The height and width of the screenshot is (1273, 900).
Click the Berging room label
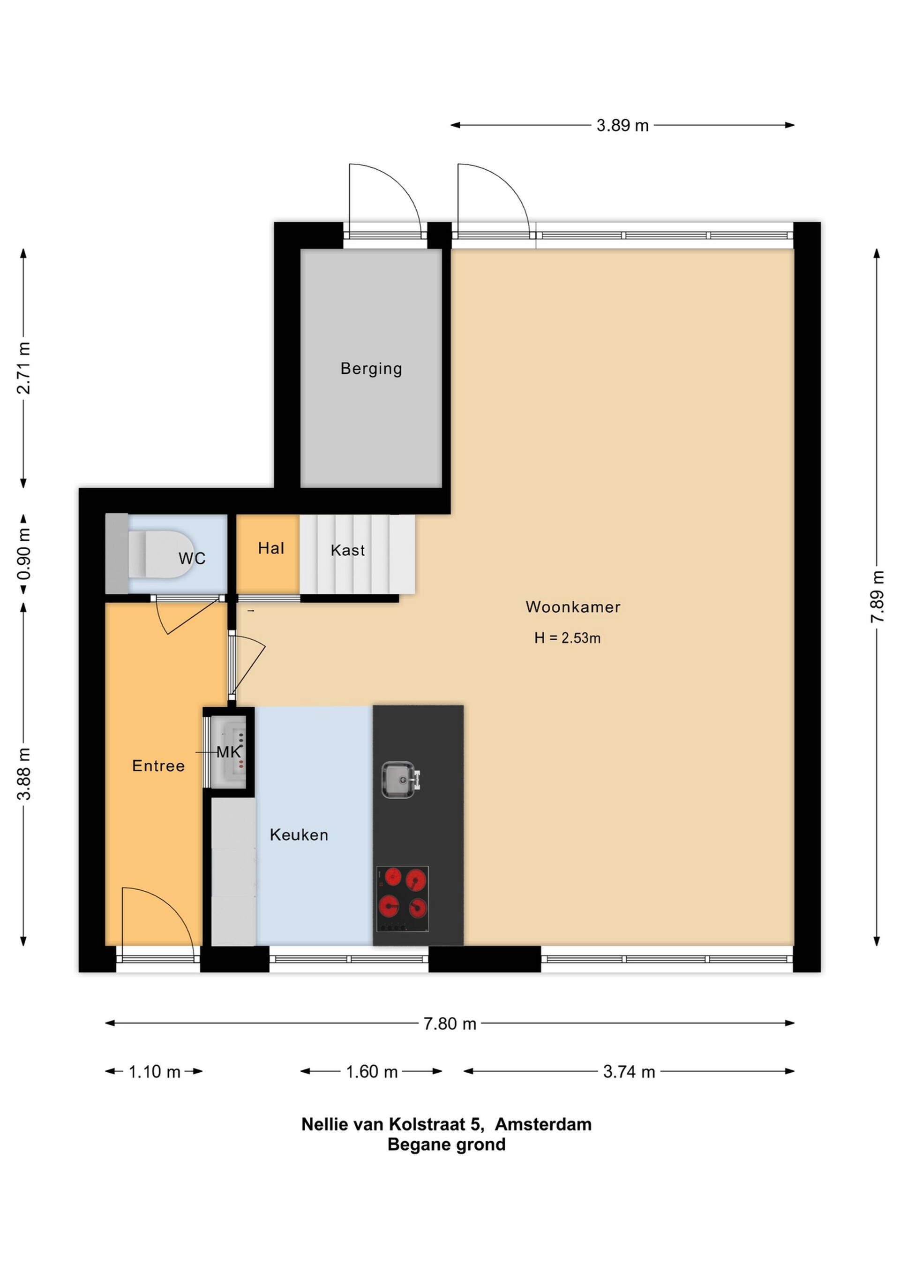(371, 369)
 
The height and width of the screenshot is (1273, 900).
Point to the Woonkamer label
(573, 607)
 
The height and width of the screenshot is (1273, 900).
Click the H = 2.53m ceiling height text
(568, 638)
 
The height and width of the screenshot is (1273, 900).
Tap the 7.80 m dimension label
(450, 1023)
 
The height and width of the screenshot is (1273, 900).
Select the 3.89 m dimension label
(622, 125)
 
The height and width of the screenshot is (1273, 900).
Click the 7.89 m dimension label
(877, 597)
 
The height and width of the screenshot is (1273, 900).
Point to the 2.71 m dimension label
(23, 368)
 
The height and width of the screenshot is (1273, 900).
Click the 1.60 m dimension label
(372, 1072)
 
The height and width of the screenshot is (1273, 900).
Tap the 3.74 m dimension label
(629, 1072)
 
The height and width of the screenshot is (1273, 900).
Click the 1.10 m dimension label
(155, 1072)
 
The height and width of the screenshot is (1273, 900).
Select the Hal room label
(271, 548)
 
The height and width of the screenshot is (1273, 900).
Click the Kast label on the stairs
(348, 551)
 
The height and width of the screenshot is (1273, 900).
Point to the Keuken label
(299, 835)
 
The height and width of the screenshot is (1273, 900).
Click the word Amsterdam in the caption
(543, 1124)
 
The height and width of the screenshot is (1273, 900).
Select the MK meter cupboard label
(229, 752)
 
